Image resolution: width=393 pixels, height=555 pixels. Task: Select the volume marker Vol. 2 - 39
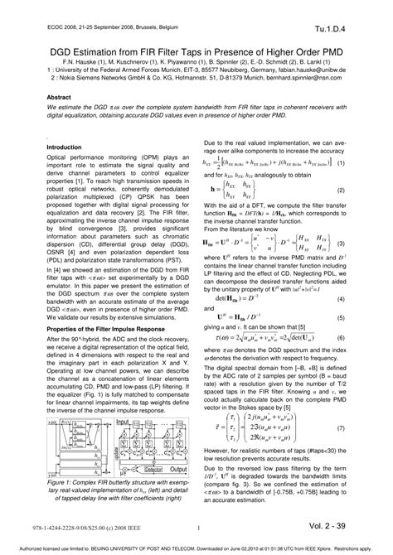347,526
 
